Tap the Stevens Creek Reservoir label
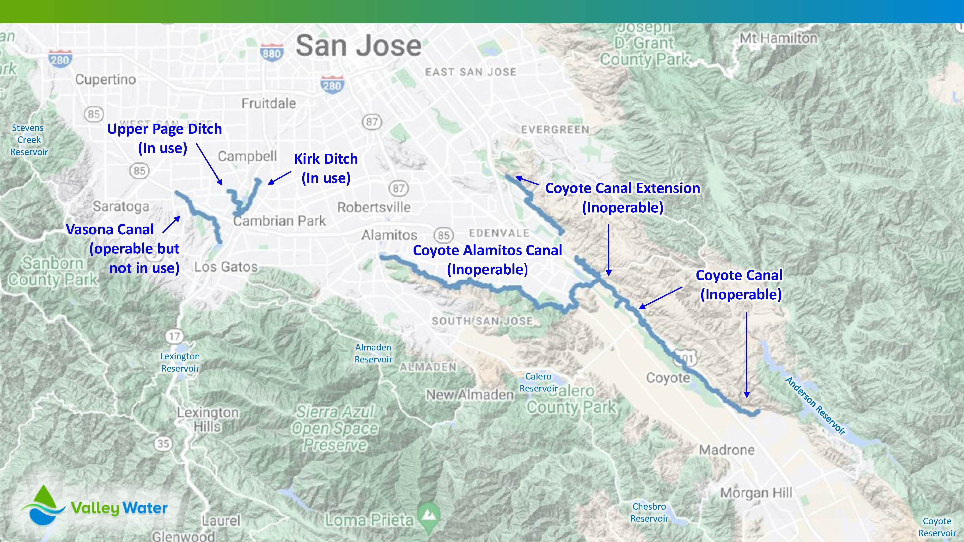pyautogui.click(x=28, y=139)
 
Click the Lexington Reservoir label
pyautogui.click(x=180, y=362)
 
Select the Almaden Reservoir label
pyautogui.click(x=373, y=353)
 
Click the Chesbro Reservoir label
pyautogui.click(x=649, y=512)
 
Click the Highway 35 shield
pyautogui.click(x=163, y=444)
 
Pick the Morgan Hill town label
pyautogui.click(x=756, y=493)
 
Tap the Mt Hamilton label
pyautogui.click(x=778, y=38)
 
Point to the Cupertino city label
pyautogui.click(x=105, y=79)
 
